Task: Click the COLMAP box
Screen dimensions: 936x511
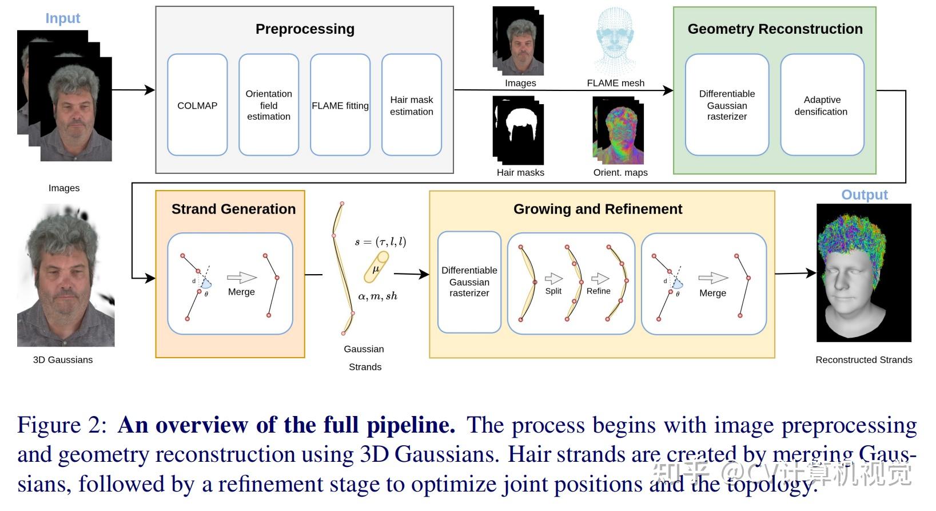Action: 197,105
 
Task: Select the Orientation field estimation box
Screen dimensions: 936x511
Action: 269,105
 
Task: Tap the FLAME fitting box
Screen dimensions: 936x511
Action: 340,105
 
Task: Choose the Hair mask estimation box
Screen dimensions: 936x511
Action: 412,105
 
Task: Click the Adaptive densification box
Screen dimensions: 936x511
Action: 822,105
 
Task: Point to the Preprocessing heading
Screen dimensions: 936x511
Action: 305,29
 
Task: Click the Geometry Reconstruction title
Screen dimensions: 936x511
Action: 775,29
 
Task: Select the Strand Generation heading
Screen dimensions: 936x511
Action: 234,209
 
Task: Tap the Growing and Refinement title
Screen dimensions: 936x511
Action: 598,209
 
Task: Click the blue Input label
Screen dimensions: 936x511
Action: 63,18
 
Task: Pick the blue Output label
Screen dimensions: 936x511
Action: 865,195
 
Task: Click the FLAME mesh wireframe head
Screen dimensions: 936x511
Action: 615,41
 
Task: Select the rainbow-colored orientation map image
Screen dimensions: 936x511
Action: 619,130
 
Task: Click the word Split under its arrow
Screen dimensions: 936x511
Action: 553,291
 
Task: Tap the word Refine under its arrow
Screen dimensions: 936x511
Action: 599,291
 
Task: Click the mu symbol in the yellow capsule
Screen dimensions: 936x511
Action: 376,269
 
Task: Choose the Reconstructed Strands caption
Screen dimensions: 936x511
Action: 864,359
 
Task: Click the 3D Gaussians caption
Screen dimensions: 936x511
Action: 63,359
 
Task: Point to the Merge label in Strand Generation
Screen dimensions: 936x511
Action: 241,292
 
